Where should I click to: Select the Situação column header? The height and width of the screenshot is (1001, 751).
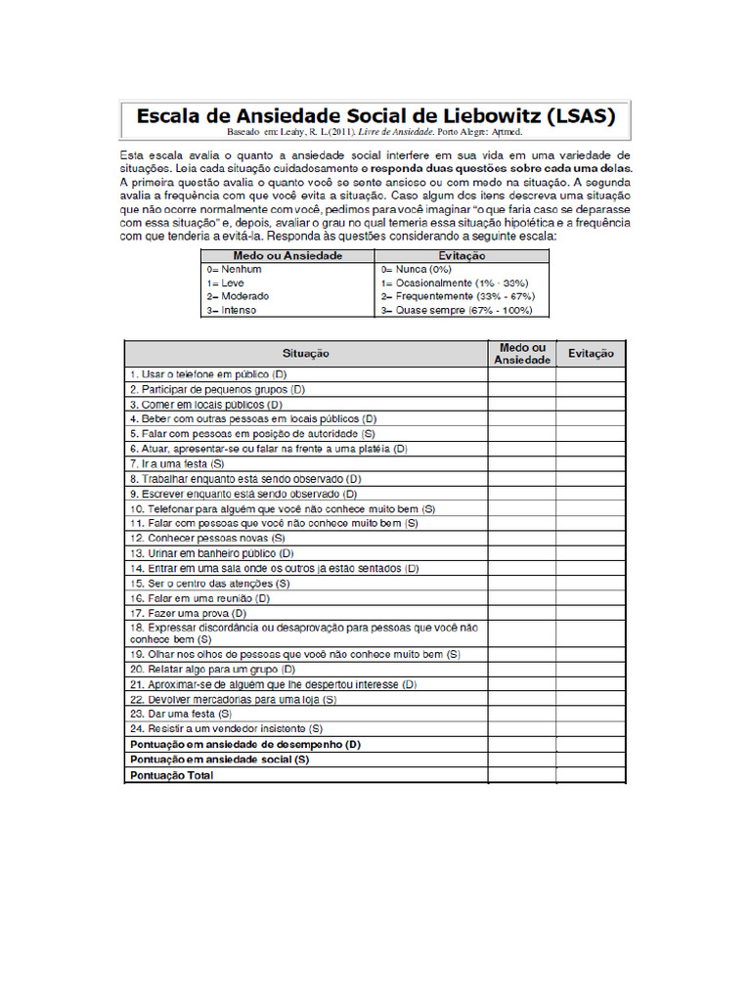[x=305, y=353]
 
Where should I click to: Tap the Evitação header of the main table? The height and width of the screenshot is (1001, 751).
[x=591, y=353]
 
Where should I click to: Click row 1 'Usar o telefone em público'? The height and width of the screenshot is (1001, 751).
[x=207, y=374]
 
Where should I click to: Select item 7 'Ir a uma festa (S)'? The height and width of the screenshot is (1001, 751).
[x=177, y=463]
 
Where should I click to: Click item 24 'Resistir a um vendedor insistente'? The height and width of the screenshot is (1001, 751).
[x=226, y=729]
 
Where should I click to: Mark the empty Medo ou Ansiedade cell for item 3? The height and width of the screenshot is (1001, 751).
[x=522, y=404]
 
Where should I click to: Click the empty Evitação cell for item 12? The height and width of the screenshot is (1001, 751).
[x=591, y=538]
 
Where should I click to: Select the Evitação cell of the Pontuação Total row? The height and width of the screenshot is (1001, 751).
[x=591, y=775]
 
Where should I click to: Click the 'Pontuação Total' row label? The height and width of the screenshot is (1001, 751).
[x=172, y=775]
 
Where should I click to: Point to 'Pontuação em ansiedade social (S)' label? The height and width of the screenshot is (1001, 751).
[x=220, y=760]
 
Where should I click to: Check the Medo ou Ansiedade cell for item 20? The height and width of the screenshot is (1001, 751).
[x=522, y=670]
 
